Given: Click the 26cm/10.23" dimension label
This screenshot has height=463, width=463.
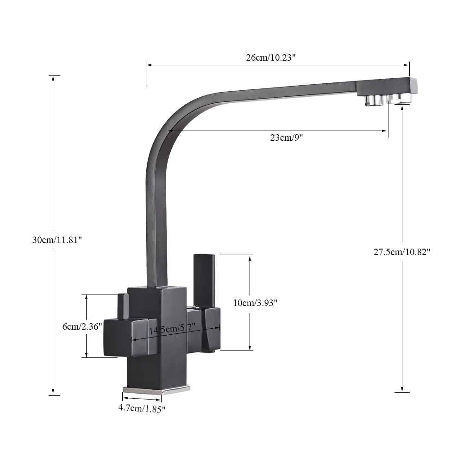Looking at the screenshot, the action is coord(271,57).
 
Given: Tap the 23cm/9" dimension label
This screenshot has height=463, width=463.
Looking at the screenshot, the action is coord(287,138).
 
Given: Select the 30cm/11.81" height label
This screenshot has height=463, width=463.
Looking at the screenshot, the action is coord(57,240).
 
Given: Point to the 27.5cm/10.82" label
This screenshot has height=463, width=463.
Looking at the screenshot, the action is coord(402,252).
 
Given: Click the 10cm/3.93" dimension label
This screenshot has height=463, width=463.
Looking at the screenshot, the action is coord(255,303).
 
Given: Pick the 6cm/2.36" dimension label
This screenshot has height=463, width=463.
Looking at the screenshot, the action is coord(82,326).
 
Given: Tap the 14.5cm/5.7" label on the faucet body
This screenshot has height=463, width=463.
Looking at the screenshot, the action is coord(172,328).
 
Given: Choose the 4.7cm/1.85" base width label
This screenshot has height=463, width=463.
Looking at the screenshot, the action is coord(142,409).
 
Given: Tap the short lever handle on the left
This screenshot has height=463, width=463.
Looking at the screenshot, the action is coord(123,307).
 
